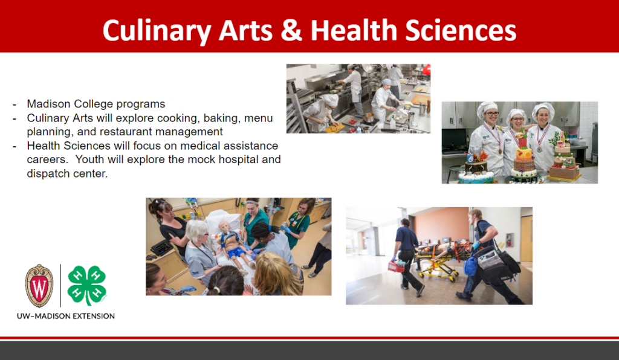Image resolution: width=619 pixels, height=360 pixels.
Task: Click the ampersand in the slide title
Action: pos(291,30)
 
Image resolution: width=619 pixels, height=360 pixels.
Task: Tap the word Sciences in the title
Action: pos(461,30)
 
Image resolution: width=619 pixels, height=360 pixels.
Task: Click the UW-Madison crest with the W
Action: pos(39,286)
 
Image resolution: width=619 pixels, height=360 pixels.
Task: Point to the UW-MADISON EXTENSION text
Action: pos(65,317)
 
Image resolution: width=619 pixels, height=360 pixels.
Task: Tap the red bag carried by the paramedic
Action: pos(396,266)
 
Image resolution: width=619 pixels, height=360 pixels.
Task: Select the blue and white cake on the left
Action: pos(476,171)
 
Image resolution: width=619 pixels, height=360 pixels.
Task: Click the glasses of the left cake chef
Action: pos(488,114)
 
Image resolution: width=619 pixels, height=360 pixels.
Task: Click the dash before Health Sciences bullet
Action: pos(15,146)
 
